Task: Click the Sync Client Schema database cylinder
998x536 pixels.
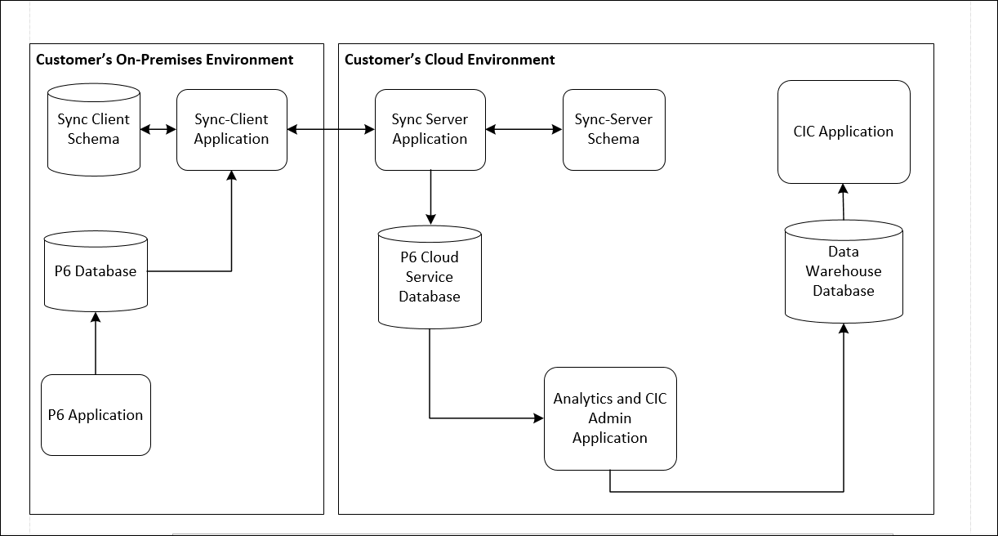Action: pyautogui.click(x=93, y=130)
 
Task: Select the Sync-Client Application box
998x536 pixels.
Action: pyautogui.click(x=231, y=130)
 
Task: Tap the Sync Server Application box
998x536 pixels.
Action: pyautogui.click(x=430, y=130)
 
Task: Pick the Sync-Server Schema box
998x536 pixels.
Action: pyautogui.click(x=613, y=130)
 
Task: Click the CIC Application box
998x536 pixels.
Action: pyautogui.click(x=843, y=132)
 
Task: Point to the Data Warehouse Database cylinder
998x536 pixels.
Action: pyautogui.click(x=844, y=272)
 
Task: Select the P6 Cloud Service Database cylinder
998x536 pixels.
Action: pyautogui.click(x=430, y=278)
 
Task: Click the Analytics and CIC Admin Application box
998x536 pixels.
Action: pyautogui.click(x=610, y=418)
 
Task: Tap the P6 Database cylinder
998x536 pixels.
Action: pyautogui.click(x=96, y=272)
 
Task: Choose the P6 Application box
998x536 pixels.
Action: pyautogui.click(x=96, y=415)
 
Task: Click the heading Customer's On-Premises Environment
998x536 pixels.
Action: pyautogui.click(x=164, y=60)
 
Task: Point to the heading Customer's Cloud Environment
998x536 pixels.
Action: pyautogui.click(x=449, y=60)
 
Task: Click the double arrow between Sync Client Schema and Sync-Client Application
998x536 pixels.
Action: pyautogui.click(x=158, y=129)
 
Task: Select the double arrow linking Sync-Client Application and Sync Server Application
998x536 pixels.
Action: pyautogui.click(x=331, y=129)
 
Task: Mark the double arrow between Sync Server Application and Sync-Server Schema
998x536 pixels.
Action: pyautogui.click(x=524, y=129)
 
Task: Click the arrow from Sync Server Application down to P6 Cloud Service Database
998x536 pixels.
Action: pyautogui.click(x=430, y=197)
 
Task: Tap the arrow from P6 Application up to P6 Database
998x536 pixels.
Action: pyautogui.click(x=96, y=343)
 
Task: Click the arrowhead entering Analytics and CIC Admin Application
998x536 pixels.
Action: pyautogui.click(x=538, y=418)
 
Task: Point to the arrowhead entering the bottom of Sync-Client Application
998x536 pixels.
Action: pyautogui.click(x=232, y=176)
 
